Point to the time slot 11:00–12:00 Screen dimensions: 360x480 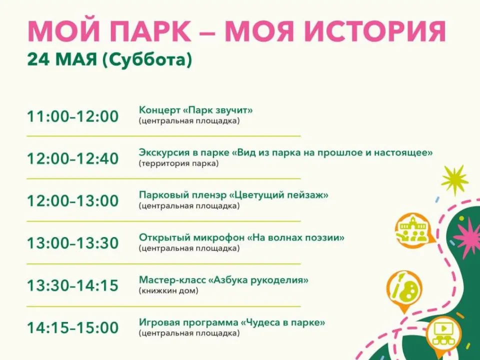[x=73, y=116]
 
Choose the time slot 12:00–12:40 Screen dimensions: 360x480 [x=73, y=159]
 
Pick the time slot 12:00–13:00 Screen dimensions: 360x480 [x=73, y=201]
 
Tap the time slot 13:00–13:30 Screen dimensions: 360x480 [x=73, y=243]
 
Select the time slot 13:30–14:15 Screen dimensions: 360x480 [x=73, y=285]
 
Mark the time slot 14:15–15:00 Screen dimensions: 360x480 [x=73, y=328]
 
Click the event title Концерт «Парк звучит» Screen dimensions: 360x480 [x=196, y=110]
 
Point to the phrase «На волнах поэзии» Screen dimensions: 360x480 [x=295, y=237]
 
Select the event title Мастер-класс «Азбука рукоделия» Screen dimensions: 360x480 [x=223, y=279]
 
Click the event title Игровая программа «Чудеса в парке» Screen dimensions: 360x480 [x=232, y=322]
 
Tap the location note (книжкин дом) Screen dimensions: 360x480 [x=168, y=290]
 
